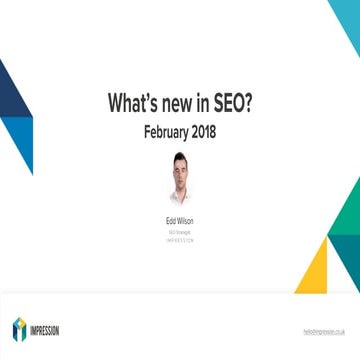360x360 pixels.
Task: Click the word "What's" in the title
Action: pos(134,103)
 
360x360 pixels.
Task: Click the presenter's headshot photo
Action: pos(180,179)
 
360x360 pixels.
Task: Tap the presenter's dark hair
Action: pos(180,158)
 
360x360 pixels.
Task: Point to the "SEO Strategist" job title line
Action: pos(180,230)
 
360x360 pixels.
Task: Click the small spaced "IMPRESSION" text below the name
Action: pos(180,240)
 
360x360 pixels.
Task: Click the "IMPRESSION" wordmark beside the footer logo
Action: pos(51,329)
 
